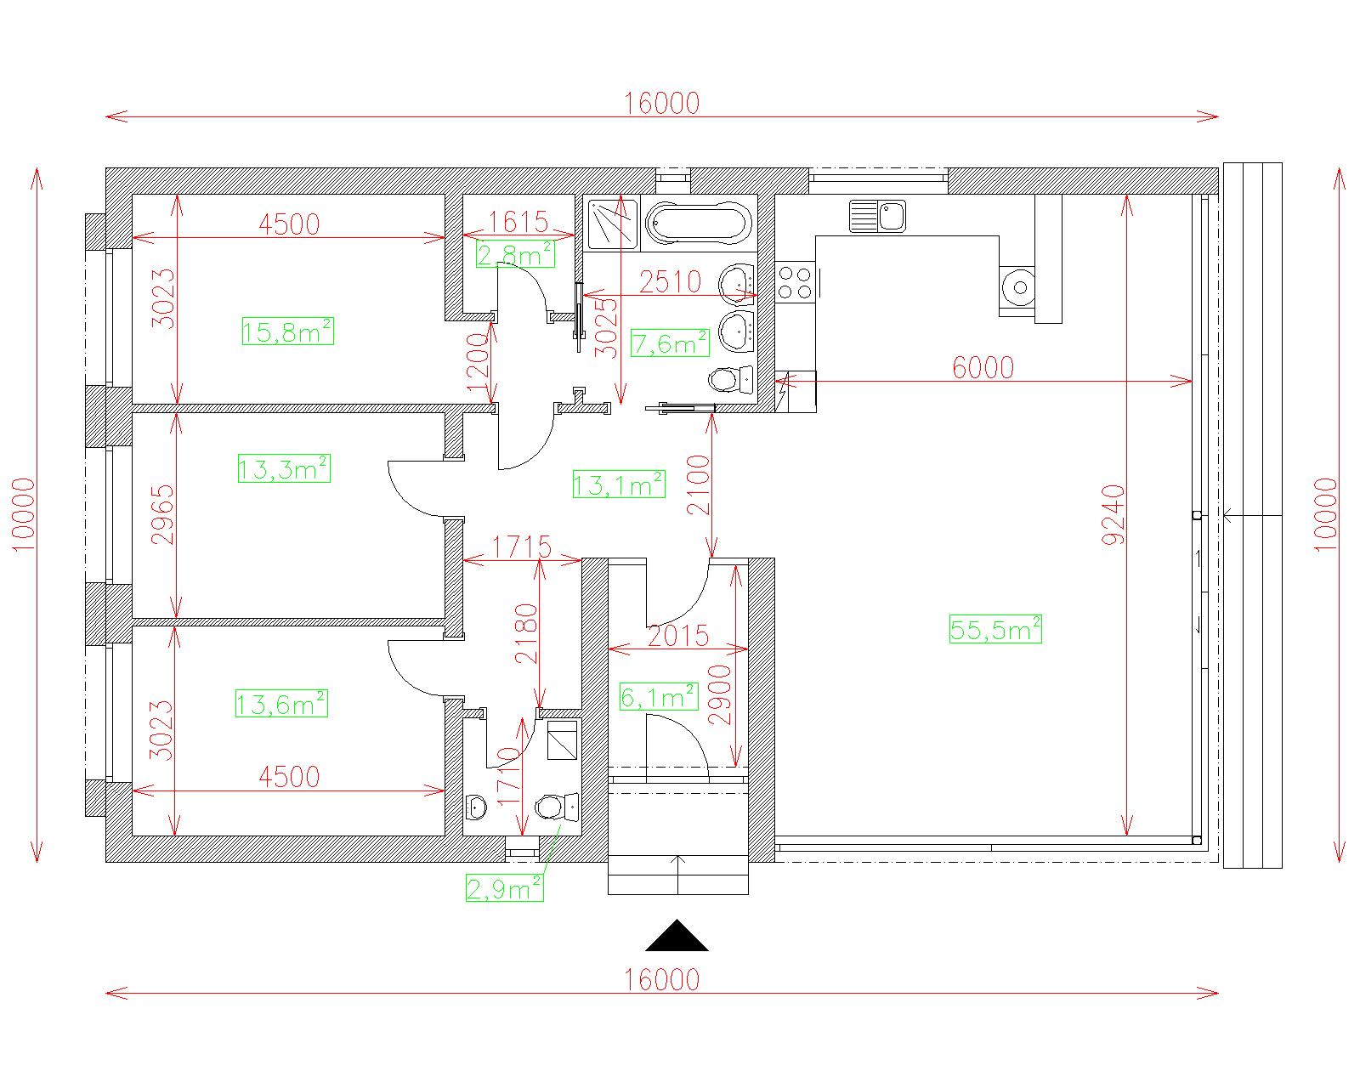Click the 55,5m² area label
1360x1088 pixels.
[995, 629]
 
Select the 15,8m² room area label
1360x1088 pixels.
[287, 331]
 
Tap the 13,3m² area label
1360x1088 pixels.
[284, 468]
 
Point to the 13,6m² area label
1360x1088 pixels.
[281, 703]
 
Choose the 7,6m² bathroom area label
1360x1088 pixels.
[670, 343]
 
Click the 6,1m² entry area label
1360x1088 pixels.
[659, 697]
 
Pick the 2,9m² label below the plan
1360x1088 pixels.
[504, 888]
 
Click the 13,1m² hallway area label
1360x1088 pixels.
[619, 484]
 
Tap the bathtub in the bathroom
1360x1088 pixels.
[699, 224]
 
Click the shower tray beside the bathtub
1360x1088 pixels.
[611, 224]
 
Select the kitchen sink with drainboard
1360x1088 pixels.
[877, 216]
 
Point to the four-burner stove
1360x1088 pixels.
[795, 282]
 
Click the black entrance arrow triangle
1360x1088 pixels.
[677, 936]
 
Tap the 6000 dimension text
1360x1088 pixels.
[983, 367]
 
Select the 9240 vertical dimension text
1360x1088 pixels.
[1113, 514]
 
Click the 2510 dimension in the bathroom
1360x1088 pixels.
[670, 282]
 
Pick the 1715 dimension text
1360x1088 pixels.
[521, 547]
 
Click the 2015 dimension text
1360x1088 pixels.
[678, 636]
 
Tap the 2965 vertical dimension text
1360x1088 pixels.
[162, 514]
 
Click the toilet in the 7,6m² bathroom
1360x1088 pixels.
[730, 379]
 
